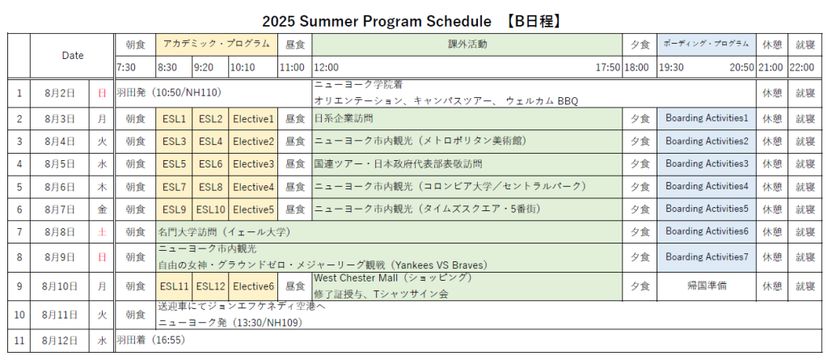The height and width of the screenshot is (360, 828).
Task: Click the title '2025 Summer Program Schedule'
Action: point(376,21)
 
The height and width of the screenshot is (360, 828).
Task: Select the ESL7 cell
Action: point(174,187)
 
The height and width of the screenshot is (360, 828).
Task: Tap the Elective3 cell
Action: point(253,164)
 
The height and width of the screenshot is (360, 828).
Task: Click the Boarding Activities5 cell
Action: point(707,209)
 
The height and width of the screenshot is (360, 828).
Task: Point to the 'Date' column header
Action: point(72,56)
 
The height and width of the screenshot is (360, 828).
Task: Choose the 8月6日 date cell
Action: point(60,187)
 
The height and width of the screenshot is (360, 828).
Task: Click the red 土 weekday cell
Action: point(102,231)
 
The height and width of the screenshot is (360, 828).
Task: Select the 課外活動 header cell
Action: point(467,44)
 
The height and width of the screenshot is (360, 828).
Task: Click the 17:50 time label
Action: point(608,68)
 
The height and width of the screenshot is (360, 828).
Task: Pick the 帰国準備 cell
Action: point(707,286)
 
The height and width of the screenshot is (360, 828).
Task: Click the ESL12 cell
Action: point(210,286)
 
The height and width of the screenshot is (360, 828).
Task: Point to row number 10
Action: point(19,315)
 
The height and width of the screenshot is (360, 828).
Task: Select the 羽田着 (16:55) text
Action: point(151,340)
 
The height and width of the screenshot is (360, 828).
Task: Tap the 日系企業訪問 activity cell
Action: point(467,119)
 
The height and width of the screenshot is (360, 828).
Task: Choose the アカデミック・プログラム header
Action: point(217,44)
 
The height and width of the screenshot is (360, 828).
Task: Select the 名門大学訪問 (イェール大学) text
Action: point(225,231)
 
